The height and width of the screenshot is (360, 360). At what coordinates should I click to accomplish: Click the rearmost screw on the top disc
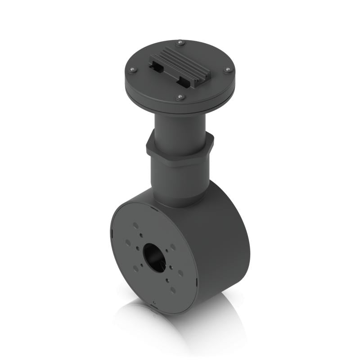pos(180,43)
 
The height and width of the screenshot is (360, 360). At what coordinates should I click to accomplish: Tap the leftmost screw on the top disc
pos(132,70)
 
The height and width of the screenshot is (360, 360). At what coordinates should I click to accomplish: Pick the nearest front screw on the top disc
pos(180,97)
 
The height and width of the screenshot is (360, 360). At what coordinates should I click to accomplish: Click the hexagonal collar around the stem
pos(180,150)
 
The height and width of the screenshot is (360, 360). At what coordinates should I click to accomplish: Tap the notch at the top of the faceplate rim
pos(154,209)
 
